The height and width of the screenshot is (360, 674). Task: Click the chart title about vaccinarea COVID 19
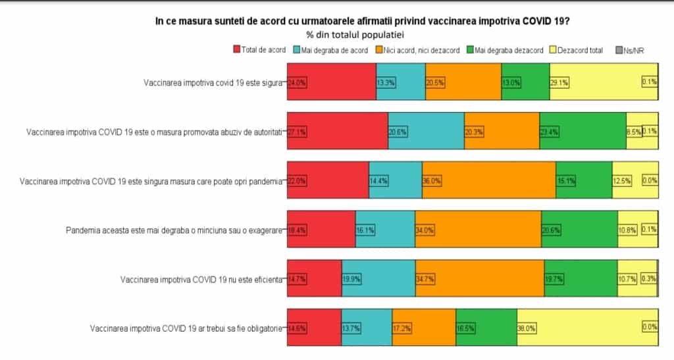(363, 22)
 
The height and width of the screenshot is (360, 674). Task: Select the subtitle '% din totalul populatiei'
(355, 34)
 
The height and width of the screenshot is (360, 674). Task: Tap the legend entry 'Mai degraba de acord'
(334, 50)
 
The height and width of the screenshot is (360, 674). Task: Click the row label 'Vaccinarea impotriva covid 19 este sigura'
(213, 83)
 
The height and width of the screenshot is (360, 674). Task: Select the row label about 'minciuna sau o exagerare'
(174, 230)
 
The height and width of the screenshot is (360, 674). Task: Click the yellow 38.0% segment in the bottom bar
(587, 328)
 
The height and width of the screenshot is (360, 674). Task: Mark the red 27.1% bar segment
(338, 132)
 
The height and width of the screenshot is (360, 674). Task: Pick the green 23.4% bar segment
(583, 132)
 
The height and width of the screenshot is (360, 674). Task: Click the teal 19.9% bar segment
(378, 279)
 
